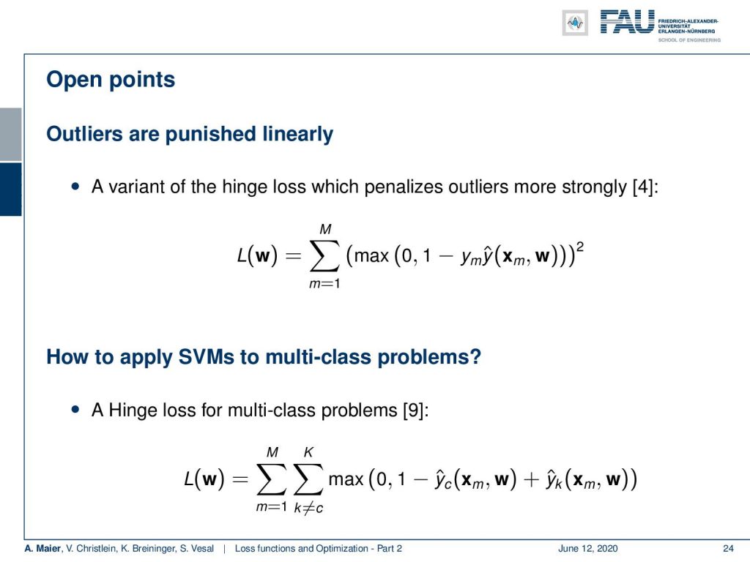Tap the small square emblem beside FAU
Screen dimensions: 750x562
575,23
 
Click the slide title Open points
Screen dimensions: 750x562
111,80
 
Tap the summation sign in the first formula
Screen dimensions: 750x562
324,256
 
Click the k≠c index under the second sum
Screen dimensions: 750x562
308,508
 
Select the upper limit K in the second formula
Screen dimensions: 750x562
308,452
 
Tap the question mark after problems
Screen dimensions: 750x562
475,357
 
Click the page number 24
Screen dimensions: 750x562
728,549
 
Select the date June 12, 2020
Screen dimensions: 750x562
588,549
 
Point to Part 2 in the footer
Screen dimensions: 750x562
390,549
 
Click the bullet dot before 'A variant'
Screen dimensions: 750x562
75,187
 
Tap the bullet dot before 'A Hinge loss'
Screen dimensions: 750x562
75,410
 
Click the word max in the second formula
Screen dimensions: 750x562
346,479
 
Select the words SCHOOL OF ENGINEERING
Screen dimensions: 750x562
689,40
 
